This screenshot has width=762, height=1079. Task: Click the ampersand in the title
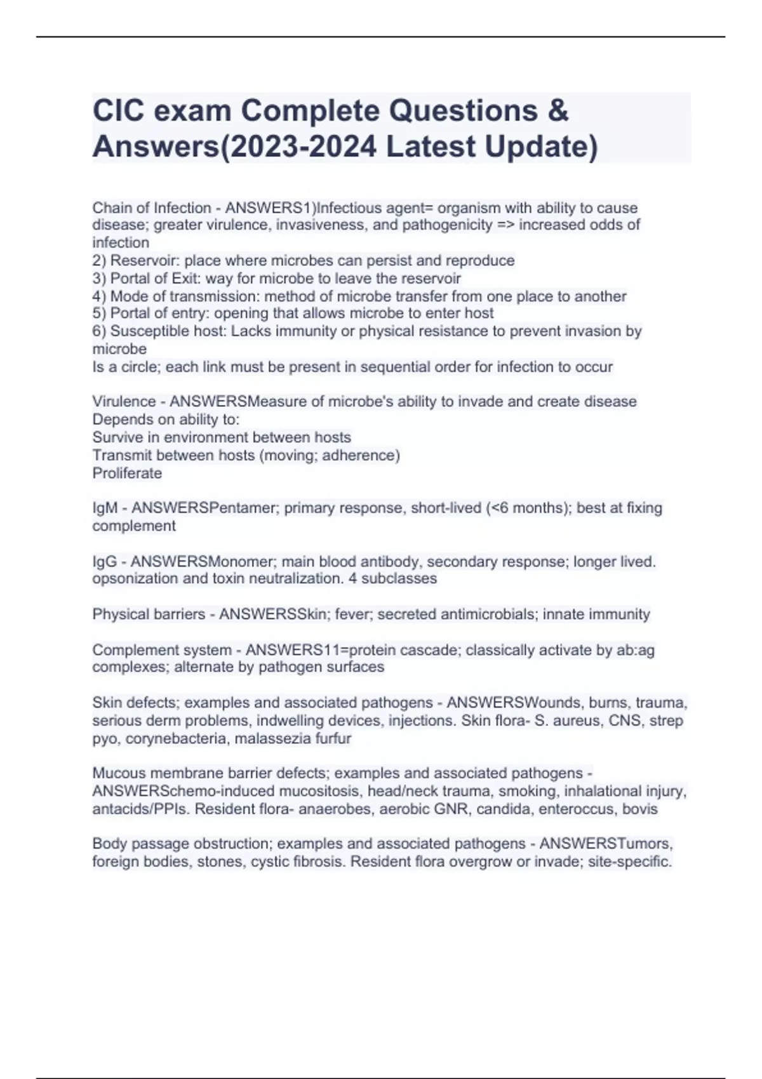click(x=556, y=111)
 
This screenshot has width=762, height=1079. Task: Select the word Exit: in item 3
click(x=186, y=278)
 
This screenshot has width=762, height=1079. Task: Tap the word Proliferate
click(x=127, y=473)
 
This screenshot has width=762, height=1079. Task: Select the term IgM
click(x=105, y=508)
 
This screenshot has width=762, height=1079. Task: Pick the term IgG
click(x=105, y=562)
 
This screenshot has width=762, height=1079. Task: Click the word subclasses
click(x=404, y=579)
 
